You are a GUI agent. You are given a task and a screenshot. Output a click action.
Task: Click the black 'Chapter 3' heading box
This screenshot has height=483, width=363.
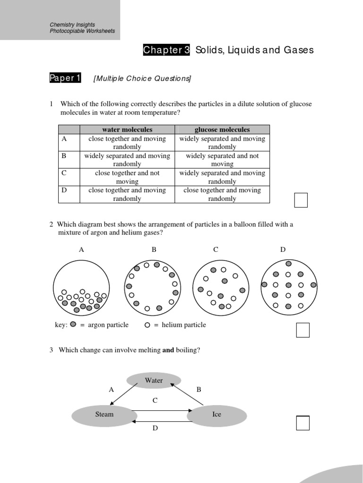tap(166, 50)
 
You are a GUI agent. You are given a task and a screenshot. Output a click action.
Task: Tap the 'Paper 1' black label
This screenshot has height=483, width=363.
tap(65, 78)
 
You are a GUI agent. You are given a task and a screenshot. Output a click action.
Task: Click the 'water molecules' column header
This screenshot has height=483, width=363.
tap(127, 130)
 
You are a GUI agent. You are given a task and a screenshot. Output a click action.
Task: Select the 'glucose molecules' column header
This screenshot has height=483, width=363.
tap(222, 130)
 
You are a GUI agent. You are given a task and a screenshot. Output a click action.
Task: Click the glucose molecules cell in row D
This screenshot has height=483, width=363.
tap(222, 194)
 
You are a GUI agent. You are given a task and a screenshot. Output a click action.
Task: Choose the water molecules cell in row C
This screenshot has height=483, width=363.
tap(127, 177)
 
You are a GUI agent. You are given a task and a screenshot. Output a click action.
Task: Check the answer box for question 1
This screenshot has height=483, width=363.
tap(301, 200)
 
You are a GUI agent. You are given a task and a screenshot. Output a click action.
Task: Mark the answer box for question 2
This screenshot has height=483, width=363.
tap(302, 330)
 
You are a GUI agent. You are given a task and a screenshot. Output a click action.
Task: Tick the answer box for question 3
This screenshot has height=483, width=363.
tap(302, 423)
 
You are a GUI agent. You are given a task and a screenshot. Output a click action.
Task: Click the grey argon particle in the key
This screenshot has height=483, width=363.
tap(73, 325)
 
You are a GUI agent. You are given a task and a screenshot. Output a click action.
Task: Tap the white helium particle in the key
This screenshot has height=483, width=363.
tap(147, 325)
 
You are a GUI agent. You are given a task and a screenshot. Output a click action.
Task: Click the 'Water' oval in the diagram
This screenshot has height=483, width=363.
tap(154, 381)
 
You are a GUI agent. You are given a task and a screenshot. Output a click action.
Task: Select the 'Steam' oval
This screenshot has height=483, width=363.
tap(104, 415)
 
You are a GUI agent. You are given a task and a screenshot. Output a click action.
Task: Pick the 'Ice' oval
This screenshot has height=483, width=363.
tap(216, 415)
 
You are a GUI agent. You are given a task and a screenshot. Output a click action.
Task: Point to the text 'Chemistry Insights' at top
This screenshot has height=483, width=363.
tap(72, 25)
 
